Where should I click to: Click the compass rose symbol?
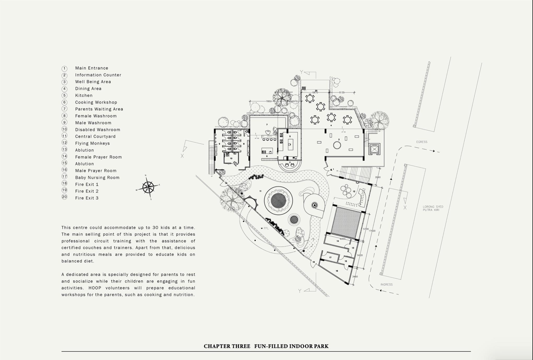148,187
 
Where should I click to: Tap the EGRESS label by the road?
422,142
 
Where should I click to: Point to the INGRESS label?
386,284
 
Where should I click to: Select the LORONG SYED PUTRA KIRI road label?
433,208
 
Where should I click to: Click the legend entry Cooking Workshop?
96,102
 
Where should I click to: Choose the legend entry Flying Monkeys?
92,143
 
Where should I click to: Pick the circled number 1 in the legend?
65,68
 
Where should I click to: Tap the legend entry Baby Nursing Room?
97,178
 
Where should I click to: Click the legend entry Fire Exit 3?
87,198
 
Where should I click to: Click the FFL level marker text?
266,228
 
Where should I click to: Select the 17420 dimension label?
372,231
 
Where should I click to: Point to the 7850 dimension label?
269,101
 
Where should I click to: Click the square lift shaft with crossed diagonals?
374,149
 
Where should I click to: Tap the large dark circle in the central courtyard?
278,201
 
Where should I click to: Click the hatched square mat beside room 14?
346,222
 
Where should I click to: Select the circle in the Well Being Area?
337,145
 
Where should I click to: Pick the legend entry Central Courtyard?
95,136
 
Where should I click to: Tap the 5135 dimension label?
341,93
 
